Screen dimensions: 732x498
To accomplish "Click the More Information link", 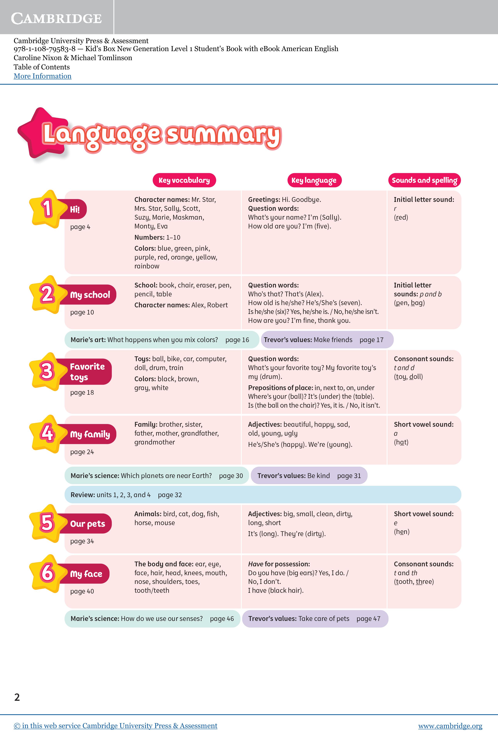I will (43, 76).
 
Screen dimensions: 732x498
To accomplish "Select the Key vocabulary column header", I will (184, 180).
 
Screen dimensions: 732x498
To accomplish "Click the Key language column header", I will (314, 180).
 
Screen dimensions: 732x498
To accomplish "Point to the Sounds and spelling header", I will (424, 180).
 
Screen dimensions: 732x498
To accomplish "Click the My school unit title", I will (90, 295).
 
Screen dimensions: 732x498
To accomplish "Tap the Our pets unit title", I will (88, 524).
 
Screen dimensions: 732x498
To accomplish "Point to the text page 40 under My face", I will (82, 591).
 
